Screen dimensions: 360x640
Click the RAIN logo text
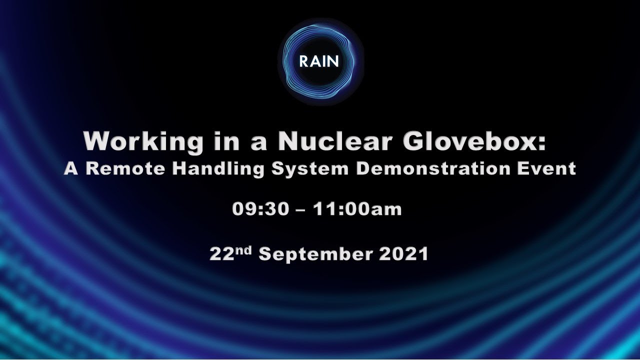pyautogui.click(x=319, y=61)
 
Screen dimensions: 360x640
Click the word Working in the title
pyautogui.click(x=143, y=141)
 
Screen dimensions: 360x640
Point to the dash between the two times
pyautogui.click(x=301, y=210)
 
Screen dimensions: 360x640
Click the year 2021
pyautogui.click(x=404, y=254)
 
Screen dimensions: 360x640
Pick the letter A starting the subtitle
pyautogui.click(x=71, y=168)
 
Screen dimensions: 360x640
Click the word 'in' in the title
pyautogui.click(x=222, y=141)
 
